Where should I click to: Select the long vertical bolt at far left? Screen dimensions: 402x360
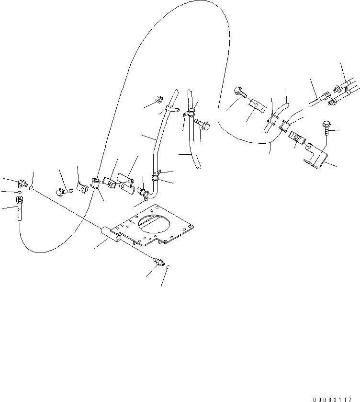(19, 210)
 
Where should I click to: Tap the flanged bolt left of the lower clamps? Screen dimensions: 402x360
(64, 191)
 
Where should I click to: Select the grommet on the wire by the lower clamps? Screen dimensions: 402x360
(95, 184)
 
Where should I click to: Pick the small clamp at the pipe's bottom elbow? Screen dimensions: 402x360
(142, 193)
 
